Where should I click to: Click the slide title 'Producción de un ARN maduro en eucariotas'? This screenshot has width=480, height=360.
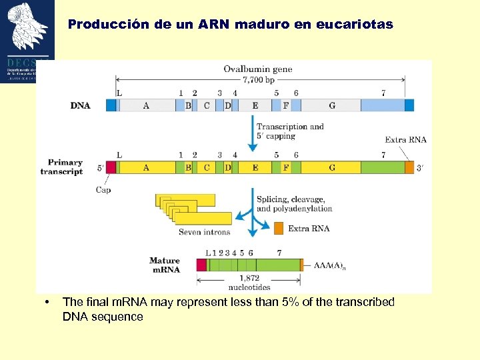coord(230,25)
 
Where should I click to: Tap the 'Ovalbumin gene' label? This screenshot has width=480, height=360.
coord(257,69)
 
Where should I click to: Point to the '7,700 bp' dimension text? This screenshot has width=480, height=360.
coord(257,79)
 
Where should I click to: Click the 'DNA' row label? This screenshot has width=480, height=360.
coord(81,105)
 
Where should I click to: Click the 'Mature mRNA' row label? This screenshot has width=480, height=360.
coord(165,265)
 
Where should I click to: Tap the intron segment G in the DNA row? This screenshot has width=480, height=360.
coord(331,105)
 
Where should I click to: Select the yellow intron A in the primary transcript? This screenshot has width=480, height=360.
coord(146,167)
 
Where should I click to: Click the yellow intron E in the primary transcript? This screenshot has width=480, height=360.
coord(255,167)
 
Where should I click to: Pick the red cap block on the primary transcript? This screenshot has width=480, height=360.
coord(111,167)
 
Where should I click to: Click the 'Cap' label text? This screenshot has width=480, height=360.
coord(103,190)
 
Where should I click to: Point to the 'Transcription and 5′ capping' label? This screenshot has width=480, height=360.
coord(290,131)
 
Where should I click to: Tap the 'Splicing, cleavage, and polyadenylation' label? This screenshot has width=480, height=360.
coord(294,204)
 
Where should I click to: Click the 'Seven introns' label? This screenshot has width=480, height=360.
coord(204,232)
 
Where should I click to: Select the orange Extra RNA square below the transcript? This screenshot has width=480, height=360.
coord(279,228)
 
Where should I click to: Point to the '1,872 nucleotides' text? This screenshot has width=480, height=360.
coord(249,283)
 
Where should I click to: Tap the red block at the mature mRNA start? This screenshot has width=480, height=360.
coord(201,265)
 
